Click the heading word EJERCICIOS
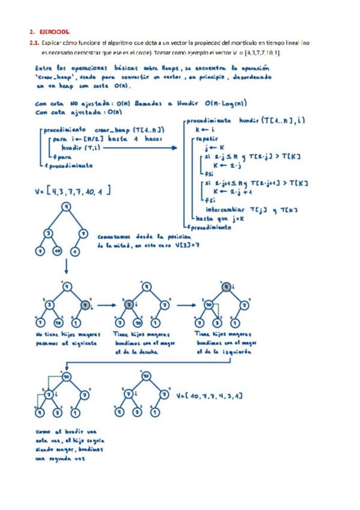tap(55, 31)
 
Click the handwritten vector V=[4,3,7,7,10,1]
tap(73, 192)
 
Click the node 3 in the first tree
tap(47, 233)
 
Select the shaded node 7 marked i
tap(85, 306)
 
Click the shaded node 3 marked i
tap(129, 306)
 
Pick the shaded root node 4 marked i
tap(225, 287)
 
